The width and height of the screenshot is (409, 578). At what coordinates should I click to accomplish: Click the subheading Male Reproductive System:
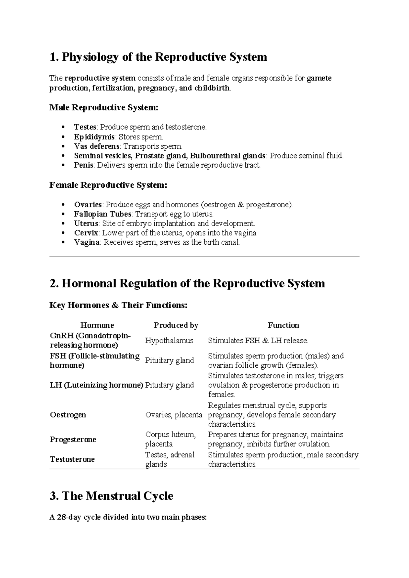[x=104, y=108]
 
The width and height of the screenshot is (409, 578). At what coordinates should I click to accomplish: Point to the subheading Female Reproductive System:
[x=108, y=185]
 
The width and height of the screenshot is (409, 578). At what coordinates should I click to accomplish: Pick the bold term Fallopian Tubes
[x=103, y=214]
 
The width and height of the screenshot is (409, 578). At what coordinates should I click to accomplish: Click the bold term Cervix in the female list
[x=86, y=233]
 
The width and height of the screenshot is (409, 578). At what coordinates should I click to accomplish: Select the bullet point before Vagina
[x=62, y=243]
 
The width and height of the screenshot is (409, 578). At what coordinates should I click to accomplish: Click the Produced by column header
[x=176, y=325]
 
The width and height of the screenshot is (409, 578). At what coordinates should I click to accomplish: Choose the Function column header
[x=283, y=325]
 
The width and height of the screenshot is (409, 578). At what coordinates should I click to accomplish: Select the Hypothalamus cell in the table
[x=169, y=341]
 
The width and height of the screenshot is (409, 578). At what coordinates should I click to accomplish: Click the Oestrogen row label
[x=68, y=415]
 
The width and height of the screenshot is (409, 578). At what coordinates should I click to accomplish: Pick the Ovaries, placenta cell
[x=173, y=415]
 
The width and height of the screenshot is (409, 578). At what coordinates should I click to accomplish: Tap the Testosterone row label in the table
[x=72, y=459]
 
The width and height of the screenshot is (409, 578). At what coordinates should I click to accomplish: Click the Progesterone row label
[x=73, y=440]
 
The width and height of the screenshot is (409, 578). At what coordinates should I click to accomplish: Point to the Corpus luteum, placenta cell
[x=170, y=440]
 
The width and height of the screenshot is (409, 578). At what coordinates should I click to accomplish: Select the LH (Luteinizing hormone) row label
[x=96, y=385]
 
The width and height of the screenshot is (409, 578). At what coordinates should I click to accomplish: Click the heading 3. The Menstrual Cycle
[x=111, y=496]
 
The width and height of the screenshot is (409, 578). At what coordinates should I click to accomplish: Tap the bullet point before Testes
[x=62, y=127]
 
